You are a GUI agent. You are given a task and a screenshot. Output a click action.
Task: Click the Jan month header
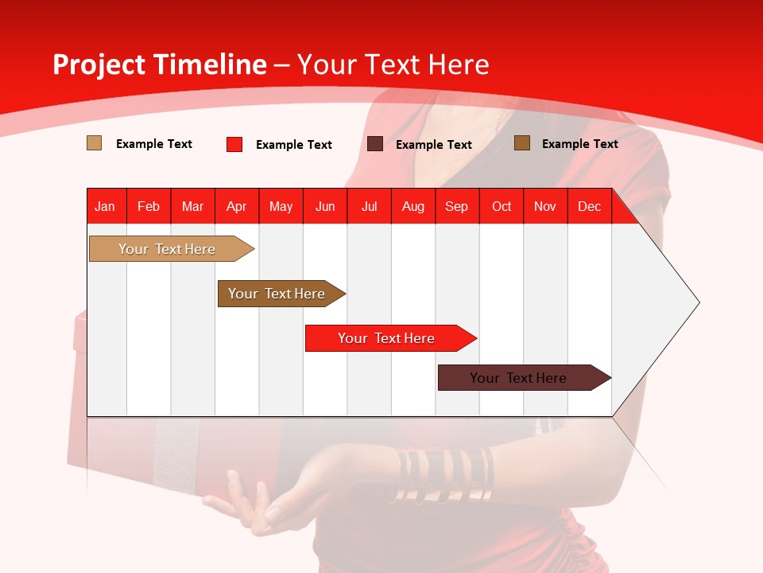(106, 207)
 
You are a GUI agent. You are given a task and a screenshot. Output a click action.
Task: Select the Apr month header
(237, 207)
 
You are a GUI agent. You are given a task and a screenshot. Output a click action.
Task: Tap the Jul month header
(369, 207)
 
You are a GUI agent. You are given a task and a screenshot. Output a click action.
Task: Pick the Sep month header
(456, 207)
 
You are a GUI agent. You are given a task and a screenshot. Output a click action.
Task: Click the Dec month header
(589, 207)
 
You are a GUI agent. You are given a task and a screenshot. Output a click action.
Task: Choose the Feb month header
(149, 207)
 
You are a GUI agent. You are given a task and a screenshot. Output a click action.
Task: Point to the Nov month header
(544, 207)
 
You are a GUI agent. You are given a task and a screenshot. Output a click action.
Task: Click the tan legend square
(94, 143)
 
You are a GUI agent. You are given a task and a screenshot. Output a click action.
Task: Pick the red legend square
(234, 144)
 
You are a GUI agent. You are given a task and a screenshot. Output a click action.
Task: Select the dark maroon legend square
(375, 144)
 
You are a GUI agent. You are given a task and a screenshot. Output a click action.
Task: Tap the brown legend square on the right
(522, 143)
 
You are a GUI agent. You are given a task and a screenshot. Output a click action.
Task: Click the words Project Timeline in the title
(159, 64)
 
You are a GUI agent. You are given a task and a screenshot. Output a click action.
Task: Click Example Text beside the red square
(293, 145)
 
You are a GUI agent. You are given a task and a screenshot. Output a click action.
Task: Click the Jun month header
(325, 207)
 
